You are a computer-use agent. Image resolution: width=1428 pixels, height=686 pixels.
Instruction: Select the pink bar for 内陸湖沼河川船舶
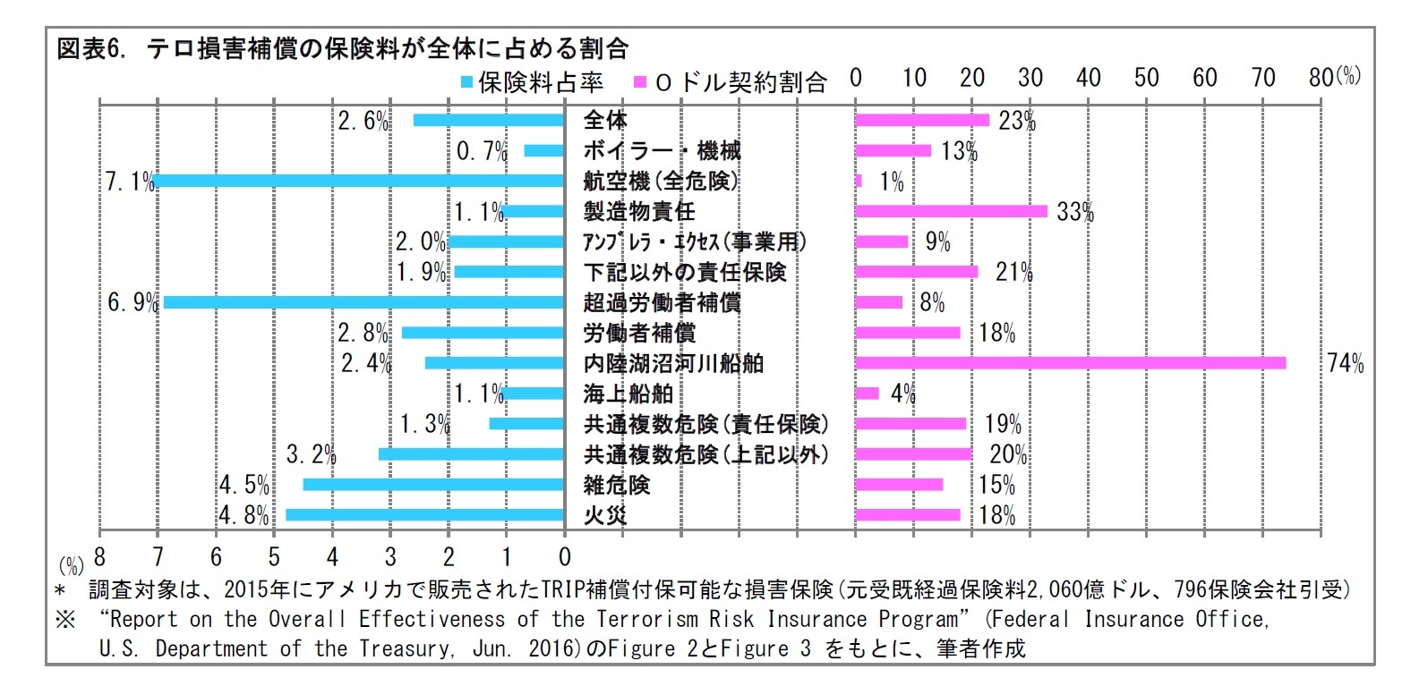1070,363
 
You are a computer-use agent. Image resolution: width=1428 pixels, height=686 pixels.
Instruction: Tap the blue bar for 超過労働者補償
363,302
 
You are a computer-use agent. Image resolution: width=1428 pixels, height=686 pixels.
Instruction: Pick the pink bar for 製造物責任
951,211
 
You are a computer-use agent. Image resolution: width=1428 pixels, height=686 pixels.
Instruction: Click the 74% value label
1346,363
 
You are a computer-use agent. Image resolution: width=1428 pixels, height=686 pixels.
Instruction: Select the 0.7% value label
482,151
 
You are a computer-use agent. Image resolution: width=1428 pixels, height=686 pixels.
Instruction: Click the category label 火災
605,515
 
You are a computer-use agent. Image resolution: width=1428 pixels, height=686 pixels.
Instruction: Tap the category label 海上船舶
628,394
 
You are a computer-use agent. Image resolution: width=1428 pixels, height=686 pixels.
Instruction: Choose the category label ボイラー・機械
662,150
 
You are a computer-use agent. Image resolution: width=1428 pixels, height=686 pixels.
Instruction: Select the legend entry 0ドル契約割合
731,82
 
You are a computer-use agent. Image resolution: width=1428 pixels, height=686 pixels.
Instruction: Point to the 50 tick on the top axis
1146,78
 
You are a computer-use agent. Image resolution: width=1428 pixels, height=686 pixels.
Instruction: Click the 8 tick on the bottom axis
99,557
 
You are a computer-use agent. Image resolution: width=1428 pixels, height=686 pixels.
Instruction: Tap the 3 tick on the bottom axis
390,557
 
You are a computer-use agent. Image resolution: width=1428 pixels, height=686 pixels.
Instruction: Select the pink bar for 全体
922,120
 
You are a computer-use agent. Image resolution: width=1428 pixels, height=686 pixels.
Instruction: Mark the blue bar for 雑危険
433,485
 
